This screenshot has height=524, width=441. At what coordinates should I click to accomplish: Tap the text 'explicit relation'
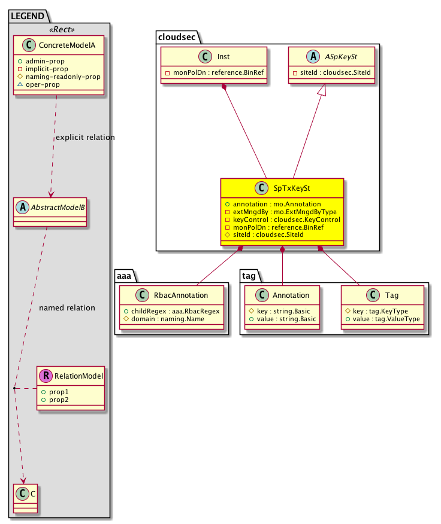click(84, 138)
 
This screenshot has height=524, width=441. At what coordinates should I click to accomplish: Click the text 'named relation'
click(67, 308)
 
